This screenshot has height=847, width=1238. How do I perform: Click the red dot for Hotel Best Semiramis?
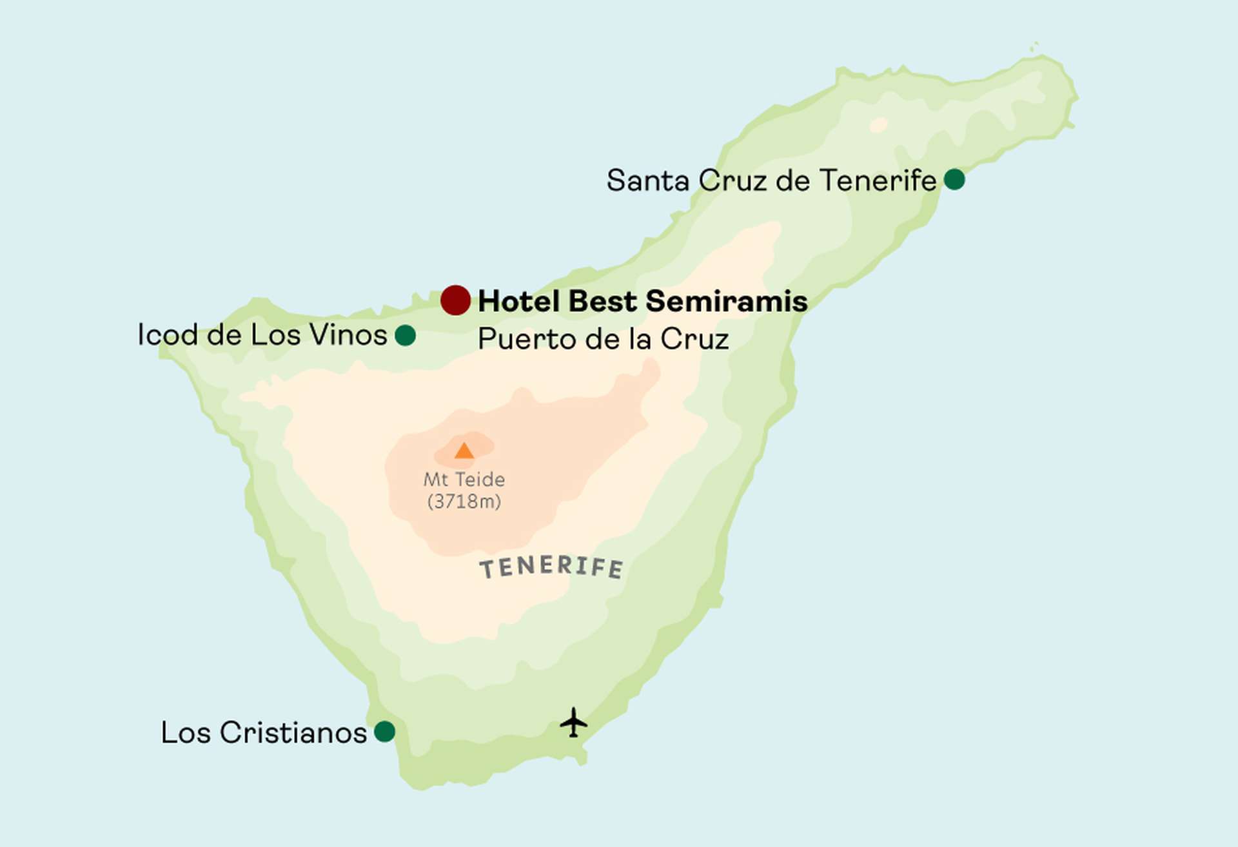pyautogui.click(x=455, y=300)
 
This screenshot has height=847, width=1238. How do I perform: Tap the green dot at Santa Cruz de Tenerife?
pyautogui.click(x=954, y=179)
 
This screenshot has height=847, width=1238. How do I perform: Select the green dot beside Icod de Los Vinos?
pyautogui.click(x=405, y=335)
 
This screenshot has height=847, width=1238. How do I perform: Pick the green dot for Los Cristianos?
pyautogui.click(x=384, y=732)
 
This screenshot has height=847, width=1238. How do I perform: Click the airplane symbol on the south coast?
pyautogui.click(x=573, y=723)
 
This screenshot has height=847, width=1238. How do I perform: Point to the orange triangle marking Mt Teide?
pyautogui.click(x=464, y=451)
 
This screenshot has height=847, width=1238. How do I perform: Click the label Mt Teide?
pyautogui.click(x=464, y=480)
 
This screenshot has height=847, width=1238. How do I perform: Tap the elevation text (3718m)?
pyautogui.click(x=464, y=501)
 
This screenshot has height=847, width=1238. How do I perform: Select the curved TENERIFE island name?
pyautogui.click(x=551, y=567)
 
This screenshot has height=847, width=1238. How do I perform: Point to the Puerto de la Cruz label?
pyautogui.click(x=603, y=340)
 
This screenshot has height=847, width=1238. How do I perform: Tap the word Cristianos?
pyautogui.click(x=293, y=733)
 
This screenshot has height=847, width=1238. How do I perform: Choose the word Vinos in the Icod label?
pyautogui.click(x=348, y=335)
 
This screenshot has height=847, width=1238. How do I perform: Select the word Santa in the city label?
pyautogui.click(x=648, y=180)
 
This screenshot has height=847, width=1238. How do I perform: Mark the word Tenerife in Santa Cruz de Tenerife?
pyautogui.click(x=878, y=180)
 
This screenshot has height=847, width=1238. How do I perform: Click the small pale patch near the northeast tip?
pyautogui.click(x=878, y=124)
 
